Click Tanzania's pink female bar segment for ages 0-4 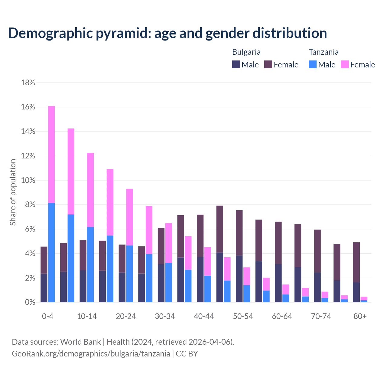coord(51,154)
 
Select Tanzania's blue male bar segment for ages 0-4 coord(51,252)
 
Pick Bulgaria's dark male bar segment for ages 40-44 coord(200,279)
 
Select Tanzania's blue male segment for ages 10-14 coord(90,265)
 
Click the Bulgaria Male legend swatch coord(236,64)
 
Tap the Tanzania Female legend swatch coord(345,64)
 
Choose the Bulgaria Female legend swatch coord(268,64)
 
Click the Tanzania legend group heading coord(324,52)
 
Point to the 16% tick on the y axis coord(28,107)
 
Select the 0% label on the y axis coord(30,302)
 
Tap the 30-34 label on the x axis coord(165,317)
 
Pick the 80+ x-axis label coord(360,317)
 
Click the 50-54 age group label coord(243,317)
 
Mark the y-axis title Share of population coord(13,192)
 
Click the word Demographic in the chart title coord(50,33)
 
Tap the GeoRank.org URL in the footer coord(91,354)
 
